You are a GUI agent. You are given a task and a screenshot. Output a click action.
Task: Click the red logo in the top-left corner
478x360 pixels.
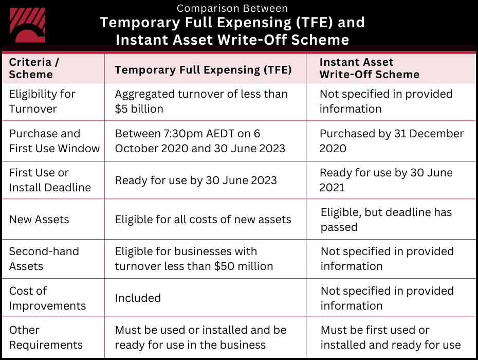point(28,25)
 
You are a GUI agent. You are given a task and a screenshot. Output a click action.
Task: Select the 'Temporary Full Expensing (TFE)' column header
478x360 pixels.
point(203,70)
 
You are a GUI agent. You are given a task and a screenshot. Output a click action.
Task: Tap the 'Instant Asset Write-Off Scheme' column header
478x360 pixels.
point(369,68)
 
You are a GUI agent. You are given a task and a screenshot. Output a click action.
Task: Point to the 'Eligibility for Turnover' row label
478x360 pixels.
point(42,101)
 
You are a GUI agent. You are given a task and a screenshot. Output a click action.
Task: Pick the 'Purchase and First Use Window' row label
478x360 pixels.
point(54,141)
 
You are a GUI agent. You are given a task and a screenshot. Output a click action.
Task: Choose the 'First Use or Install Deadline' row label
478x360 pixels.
point(50,180)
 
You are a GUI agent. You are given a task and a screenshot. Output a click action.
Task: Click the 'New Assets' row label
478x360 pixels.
point(39,220)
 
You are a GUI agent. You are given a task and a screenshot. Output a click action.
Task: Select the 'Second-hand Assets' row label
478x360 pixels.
point(44,259)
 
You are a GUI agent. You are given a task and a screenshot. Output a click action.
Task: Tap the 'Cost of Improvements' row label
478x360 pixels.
point(47,298)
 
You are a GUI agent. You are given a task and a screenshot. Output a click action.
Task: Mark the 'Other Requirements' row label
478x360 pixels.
point(46,337)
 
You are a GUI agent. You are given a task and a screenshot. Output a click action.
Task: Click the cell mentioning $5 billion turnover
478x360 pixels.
point(201,101)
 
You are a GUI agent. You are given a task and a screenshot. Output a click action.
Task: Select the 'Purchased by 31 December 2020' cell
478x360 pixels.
point(391,141)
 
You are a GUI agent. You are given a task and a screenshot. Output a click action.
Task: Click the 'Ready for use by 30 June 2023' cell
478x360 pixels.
point(196,181)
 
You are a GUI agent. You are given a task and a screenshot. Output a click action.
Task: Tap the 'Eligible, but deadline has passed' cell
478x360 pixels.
point(386,220)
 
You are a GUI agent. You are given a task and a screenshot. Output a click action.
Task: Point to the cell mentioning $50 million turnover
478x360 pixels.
point(194,259)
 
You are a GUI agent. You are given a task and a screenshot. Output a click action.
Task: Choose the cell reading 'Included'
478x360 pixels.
point(138,298)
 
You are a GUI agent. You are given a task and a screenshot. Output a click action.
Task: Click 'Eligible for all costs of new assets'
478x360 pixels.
point(203,220)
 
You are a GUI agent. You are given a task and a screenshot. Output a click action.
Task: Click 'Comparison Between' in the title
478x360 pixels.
point(232,9)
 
